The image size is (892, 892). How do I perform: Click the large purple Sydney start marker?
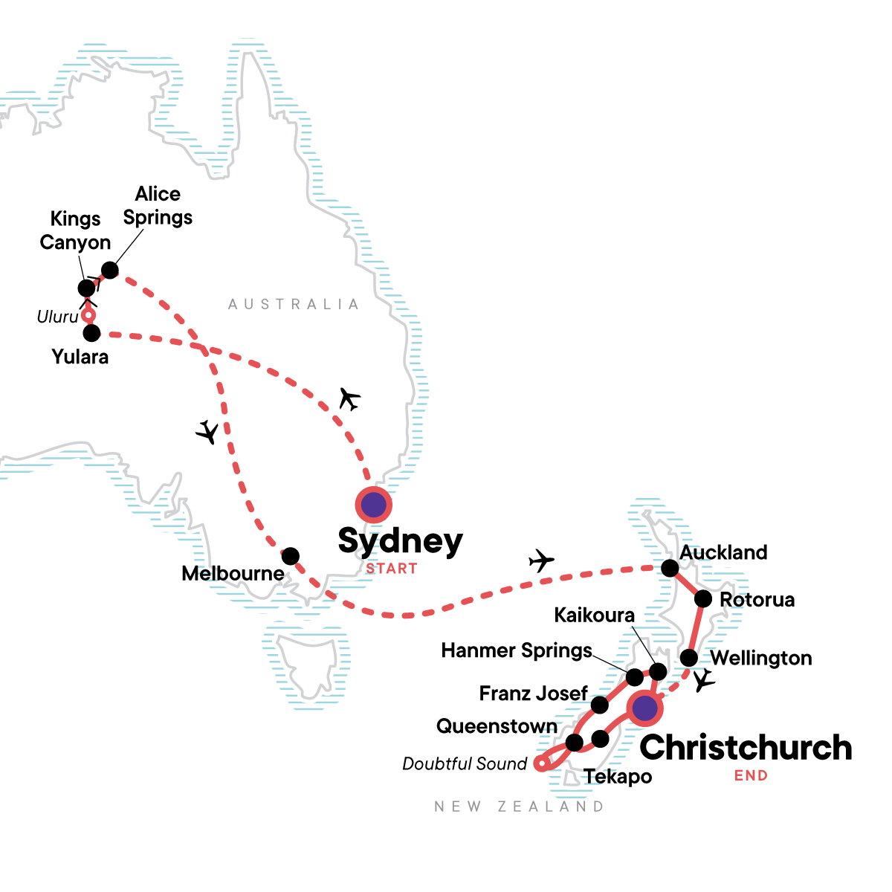(373, 505)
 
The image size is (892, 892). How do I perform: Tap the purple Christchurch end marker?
(645, 708)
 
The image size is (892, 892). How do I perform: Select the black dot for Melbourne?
(291, 556)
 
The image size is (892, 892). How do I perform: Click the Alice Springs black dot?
(109, 270)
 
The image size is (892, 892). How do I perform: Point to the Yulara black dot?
(91, 333)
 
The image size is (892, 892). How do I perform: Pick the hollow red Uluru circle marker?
(88, 315)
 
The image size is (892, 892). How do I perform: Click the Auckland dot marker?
(670, 569)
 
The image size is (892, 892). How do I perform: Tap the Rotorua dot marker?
(703, 599)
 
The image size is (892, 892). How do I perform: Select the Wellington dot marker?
(689, 658)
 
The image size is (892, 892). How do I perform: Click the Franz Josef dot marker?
(599, 705)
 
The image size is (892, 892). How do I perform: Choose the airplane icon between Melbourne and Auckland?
(541, 560)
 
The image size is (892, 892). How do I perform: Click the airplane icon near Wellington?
(703, 681)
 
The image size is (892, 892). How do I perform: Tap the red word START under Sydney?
(392, 569)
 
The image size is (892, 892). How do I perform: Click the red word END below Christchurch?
(751, 775)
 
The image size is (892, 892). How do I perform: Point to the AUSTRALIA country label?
(294, 304)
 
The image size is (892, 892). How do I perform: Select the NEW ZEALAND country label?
(520, 807)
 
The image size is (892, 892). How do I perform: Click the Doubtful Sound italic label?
(465, 763)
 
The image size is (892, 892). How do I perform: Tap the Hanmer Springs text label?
(517, 650)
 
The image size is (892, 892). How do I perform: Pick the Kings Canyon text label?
(75, 230)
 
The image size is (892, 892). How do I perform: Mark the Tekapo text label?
(618, 777)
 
